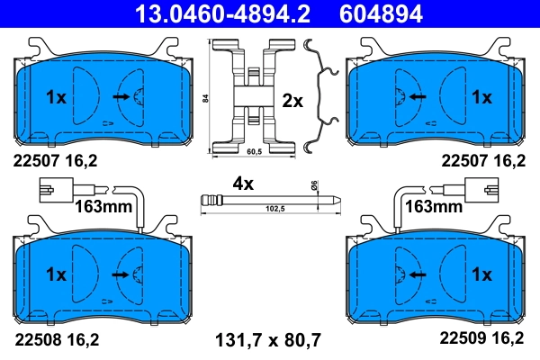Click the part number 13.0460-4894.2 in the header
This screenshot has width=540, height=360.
coord(210,13)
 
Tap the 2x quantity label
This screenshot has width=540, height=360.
coord(292,101)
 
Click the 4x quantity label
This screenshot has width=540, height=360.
coord(243,183)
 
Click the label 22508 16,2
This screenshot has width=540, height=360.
coord(56,339)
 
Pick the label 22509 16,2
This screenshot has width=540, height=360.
coord(481,339)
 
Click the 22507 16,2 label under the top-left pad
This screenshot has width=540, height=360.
coord(56,162)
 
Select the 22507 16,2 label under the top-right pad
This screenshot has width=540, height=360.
coord(481,162)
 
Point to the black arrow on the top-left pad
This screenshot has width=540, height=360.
coord(121,95)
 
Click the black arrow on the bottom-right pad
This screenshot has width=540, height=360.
coord(415,273)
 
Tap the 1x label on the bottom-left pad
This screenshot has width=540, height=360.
coord(56,273)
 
